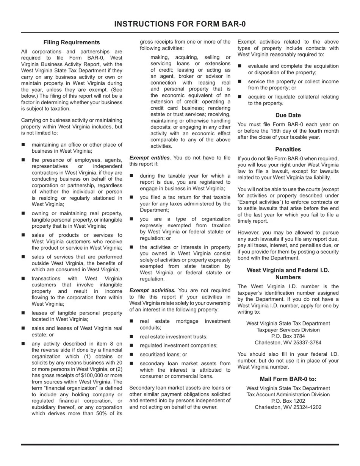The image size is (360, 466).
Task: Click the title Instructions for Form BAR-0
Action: coord(180,24)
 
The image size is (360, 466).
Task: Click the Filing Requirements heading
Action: coord(72,42)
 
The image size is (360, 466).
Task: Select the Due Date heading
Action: coord(288,115)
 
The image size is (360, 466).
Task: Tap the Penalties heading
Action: coord(288,149)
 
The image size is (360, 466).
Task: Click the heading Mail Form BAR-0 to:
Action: coord(288,379)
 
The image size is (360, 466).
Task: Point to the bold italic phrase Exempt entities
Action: coord(149,158)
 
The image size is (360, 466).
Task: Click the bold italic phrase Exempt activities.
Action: coord(152,290)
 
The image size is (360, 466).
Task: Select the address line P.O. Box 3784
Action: coord(288,336)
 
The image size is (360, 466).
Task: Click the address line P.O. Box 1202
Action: coord(288,401)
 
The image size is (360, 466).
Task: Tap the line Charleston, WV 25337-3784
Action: coord(288,342)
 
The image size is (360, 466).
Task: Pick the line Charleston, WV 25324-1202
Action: coord(288,407)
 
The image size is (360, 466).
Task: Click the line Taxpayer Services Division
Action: coord(288,330)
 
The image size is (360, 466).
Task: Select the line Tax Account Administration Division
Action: coord(288,394)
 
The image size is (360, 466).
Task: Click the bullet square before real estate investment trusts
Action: coord(131,336)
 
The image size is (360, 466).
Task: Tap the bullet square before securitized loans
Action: coord(131,354)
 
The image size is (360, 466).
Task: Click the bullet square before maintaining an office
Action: coord(23,145)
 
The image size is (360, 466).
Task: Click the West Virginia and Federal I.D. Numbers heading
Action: coord(288,274)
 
